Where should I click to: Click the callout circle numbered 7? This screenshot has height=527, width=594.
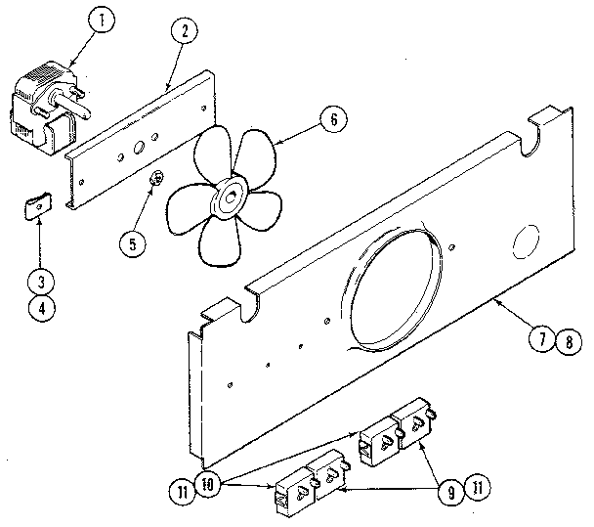(541, 341)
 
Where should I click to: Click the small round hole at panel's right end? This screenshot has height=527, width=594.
(524, 241)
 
